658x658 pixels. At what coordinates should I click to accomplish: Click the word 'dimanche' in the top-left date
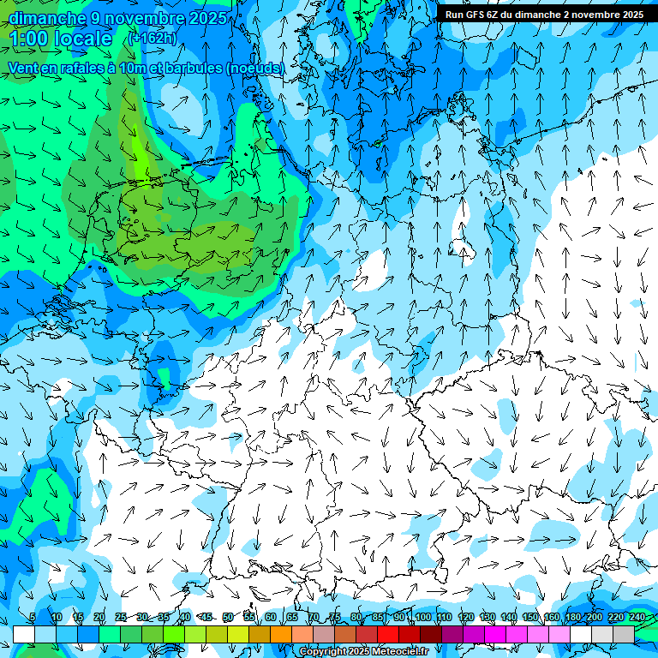[x=47, y=18]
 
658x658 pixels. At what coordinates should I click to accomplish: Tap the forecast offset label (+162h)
[x=152, y=38]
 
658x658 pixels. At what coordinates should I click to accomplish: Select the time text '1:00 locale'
[x=61, y=39]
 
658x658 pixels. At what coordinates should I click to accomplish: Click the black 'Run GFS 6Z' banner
[x=544, y=15]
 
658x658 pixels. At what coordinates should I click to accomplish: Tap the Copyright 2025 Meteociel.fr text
[x=363, y=652]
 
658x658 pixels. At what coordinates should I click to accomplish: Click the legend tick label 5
[x=32, y=618]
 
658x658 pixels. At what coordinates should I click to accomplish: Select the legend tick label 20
[x=99, y=618]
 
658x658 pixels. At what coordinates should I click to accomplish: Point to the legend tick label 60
[x=270, y=618]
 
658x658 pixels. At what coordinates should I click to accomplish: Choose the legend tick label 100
[x=422, y=618]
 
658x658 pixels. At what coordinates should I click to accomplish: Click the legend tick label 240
[x=637, y=618]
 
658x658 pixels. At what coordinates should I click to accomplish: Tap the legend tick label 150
[x=530, y=618]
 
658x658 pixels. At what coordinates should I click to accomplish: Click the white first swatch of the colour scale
[x=24, y=634]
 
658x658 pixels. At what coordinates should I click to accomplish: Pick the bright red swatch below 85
[x=388, y=634]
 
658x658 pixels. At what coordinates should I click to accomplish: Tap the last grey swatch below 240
[x=624, y=634]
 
